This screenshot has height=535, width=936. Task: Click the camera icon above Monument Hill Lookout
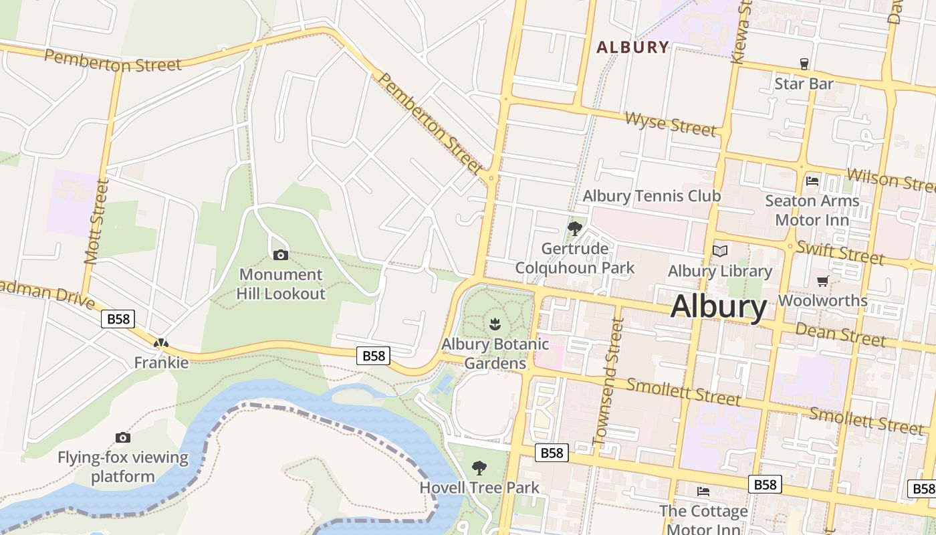(x=281, y=255)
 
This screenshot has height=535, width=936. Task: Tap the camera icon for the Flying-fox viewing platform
(x=122, y=437)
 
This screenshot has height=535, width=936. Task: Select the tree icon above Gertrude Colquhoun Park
(x=574, y=229)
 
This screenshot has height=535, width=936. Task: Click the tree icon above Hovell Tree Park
(x=479, y=467)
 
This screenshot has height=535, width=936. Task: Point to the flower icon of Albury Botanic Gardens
(x=495, y=324)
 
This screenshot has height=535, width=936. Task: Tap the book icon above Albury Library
(x=719, y=251)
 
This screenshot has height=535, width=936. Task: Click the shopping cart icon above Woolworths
(x=822, y=281)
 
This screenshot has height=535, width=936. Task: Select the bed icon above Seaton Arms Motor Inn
(x=812, y=181)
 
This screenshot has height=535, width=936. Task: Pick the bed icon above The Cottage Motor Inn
(x=703, y=492)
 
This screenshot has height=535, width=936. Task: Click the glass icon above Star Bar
(x=804, y=64)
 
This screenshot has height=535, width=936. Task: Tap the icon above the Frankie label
(x=160, y=343)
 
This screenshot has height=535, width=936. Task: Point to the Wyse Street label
(x=671, y=124)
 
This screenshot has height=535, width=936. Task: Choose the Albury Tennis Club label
(x=651, y=196)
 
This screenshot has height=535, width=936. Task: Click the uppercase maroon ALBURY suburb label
(x=632, y=47)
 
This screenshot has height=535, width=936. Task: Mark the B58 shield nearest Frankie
(x=118, y=318)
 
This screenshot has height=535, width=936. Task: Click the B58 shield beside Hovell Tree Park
(x=552, y=453)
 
